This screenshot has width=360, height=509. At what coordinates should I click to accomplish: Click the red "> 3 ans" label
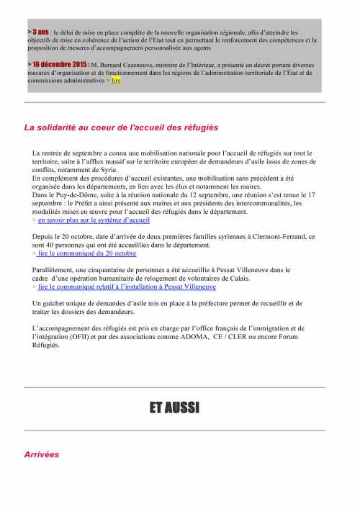pyautogui.click(x=39, y=32)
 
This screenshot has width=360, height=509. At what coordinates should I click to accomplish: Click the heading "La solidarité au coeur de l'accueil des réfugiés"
pyautogui.click(x=121, y=127)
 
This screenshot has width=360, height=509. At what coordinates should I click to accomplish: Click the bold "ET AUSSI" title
pyautogui.click(x=174, y=408)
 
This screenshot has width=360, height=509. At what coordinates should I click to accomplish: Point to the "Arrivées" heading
pyautogui.click(x=42, y=454)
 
